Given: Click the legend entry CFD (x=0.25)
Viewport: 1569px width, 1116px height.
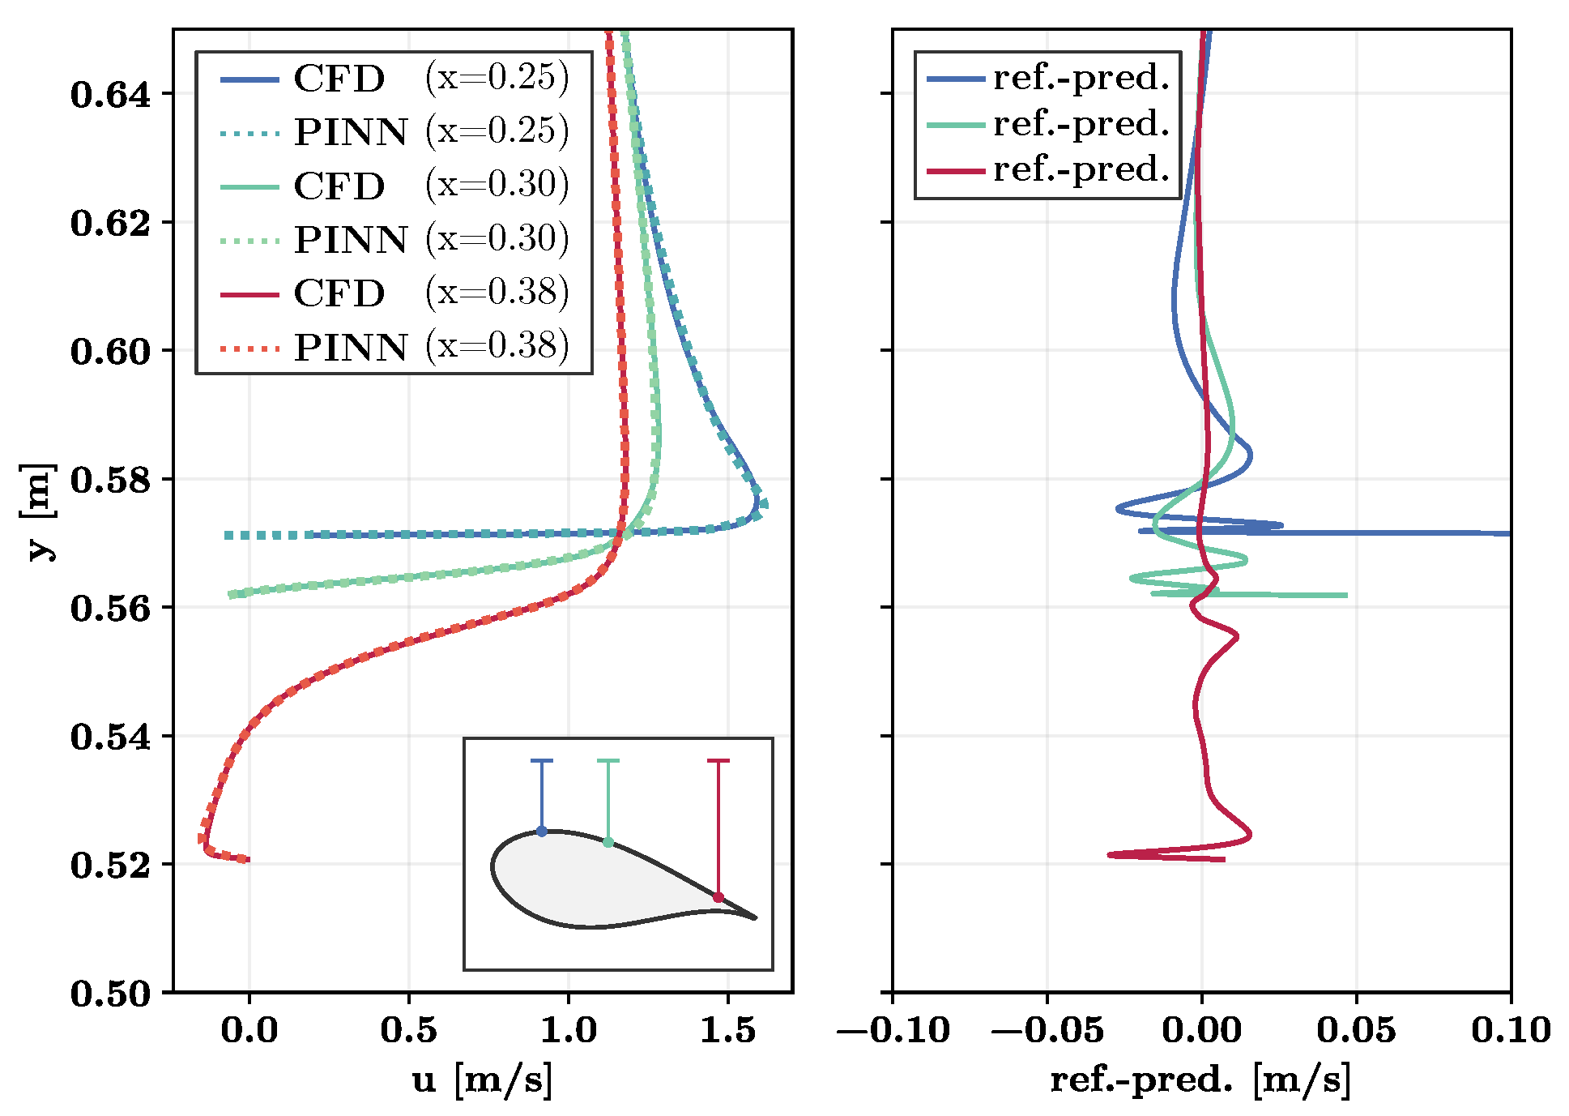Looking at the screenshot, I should (x=394, y=79).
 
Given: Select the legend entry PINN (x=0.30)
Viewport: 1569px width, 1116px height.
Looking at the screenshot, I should (x=394, y=239).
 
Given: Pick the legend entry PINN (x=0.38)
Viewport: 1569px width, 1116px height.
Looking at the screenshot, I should (x=394, y=347).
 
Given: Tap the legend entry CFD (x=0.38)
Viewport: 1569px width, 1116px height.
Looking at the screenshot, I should (x=394, y=293).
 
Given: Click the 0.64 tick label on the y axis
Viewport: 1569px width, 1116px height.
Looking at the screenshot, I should (x=111, y=95).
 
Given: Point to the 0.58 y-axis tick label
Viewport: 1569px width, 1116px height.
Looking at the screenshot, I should (x=111, y=480).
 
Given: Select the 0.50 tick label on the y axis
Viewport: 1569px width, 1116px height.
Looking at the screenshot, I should (x=111, y=994).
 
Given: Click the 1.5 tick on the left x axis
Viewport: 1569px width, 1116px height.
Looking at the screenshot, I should (x=727, y=1030).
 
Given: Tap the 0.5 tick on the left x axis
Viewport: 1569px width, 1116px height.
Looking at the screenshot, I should (x=408, y=1030).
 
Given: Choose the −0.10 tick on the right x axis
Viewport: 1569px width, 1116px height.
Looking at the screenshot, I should (x=893, y=1030).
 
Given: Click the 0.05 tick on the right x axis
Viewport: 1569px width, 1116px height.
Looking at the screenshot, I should (x=1356, y=1030).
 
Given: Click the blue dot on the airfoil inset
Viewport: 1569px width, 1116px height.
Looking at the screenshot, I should (x=542, y=832).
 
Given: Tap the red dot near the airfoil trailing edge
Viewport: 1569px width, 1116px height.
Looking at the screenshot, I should (x=718, y=897).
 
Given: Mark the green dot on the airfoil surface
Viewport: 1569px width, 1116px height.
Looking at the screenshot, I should (x=608, y=843).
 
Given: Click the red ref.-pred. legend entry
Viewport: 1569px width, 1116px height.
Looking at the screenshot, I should (x=1048, y=170).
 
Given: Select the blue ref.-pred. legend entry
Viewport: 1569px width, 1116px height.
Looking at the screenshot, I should (x=1048, y=79).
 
